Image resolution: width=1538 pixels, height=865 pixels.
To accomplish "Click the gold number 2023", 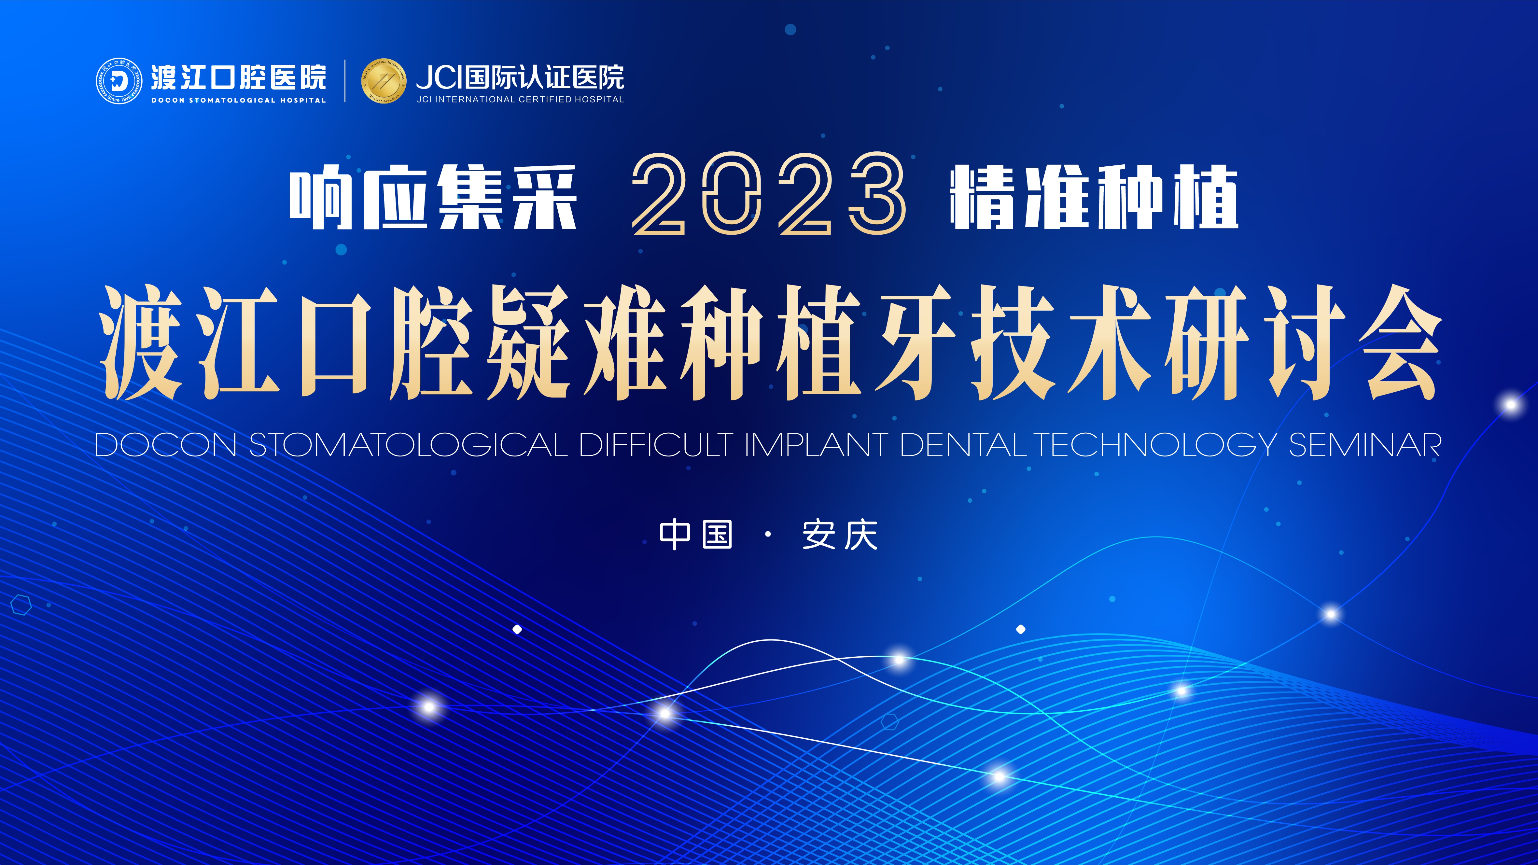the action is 769,194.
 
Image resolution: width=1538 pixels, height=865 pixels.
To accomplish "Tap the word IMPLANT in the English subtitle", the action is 816,445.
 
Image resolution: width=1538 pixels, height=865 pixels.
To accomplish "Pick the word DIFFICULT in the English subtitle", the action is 656,445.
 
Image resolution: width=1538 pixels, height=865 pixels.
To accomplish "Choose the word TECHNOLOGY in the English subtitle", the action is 1155,445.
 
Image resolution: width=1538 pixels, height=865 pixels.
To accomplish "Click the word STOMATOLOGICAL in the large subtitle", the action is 408,445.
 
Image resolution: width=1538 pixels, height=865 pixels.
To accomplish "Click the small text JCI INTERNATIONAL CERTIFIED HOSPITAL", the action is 520,99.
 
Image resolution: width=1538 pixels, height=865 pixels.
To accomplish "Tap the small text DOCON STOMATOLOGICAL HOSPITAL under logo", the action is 238,100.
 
